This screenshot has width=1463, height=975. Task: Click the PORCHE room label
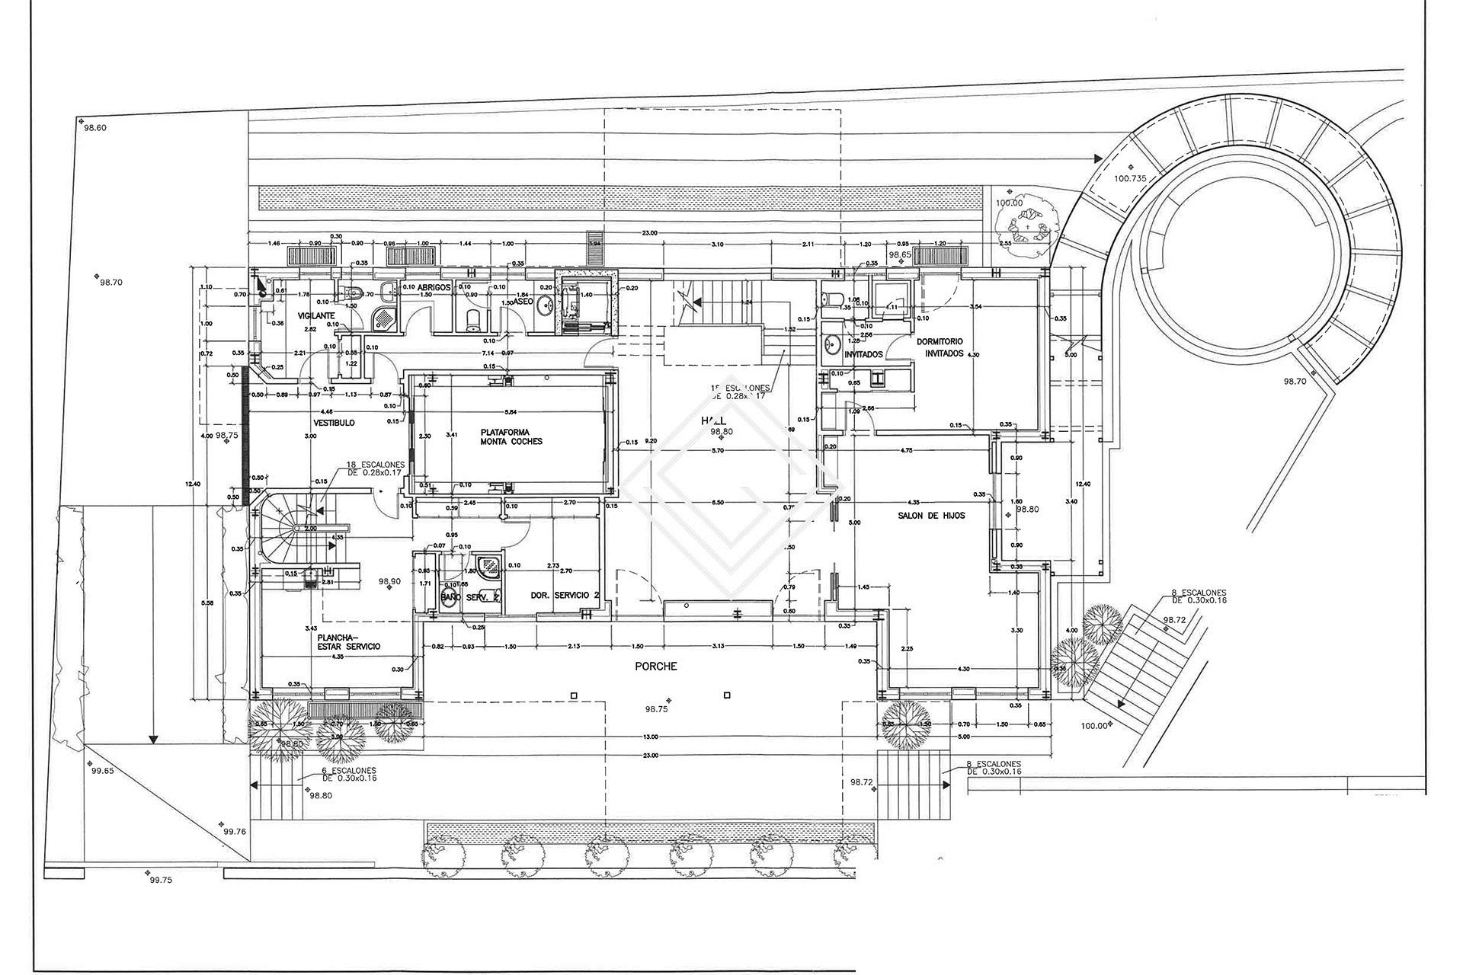coord(655,667)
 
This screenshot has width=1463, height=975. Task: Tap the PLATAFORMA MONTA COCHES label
coord(511,436)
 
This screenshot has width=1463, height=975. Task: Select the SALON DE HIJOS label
coord(935,516)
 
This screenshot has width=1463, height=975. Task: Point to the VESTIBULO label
coord(334,423)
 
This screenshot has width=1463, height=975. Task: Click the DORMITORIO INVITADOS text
coord(940,347)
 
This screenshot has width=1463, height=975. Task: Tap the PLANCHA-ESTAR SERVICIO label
coord(348,641)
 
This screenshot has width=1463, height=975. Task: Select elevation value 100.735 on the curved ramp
coord(1129,178)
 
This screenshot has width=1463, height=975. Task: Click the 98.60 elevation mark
coord(94,128)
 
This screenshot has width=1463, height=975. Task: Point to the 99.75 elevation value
coord(161,880)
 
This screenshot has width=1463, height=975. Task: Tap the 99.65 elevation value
coord(102,771)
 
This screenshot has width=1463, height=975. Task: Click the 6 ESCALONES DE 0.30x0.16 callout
coord(348,775)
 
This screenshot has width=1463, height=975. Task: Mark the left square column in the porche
coord(574,695)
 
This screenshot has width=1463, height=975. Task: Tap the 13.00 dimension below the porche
coord(650,737)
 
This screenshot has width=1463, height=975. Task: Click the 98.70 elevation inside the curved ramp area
coord(1295,381)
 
